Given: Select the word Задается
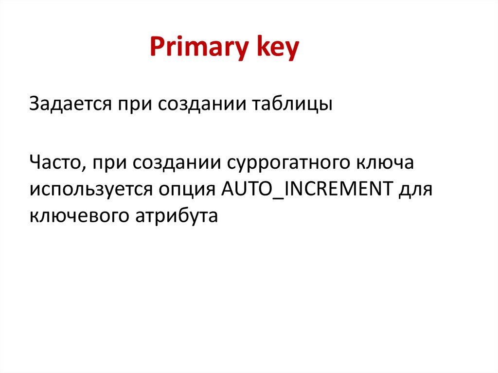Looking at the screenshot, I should tap(69, 104).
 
